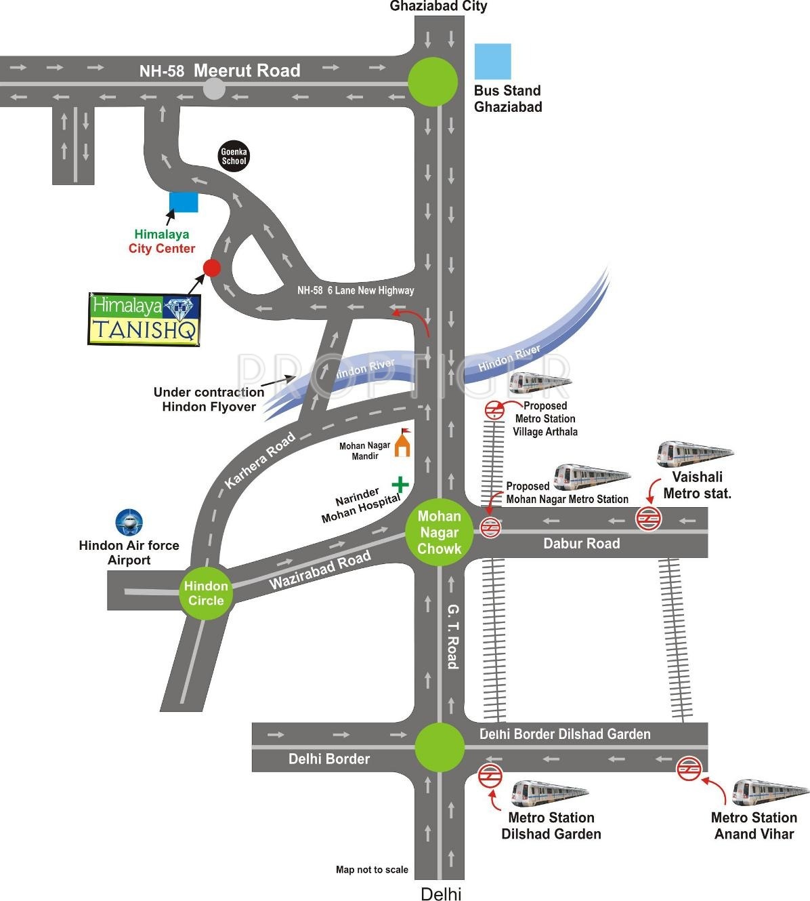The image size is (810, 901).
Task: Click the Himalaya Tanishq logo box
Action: tap(144, 319)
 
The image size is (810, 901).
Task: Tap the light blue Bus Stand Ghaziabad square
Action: tap(493, 62)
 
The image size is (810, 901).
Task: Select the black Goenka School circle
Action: tap(234, 157)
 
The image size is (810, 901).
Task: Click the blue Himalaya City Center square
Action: tap(184, 202)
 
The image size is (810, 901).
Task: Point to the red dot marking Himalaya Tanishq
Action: tap(212, 268)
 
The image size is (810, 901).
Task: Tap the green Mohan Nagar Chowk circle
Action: tap(439, 532)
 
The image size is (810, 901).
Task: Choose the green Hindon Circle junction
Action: tap(206, 593)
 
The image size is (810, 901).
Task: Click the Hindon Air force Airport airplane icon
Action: tap(129, 523)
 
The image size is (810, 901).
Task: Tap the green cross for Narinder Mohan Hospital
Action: tap(400, 485)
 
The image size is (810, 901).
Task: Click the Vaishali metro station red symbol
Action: tap(648, 519)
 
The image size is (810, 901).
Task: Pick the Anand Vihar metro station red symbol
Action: tap(689, 769)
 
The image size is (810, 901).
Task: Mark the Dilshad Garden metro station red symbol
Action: tap(490, 776)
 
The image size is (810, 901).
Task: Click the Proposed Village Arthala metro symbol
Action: tap(494, 410)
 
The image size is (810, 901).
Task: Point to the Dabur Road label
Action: tap(582, 544)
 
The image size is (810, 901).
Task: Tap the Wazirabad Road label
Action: tap(320, 569)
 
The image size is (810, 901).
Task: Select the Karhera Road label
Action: tap(260, 460)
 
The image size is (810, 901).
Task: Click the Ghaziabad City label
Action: tap(438, 6)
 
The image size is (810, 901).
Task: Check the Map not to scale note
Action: tap(372, 869)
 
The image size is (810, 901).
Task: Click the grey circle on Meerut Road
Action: tap(214, 89)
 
